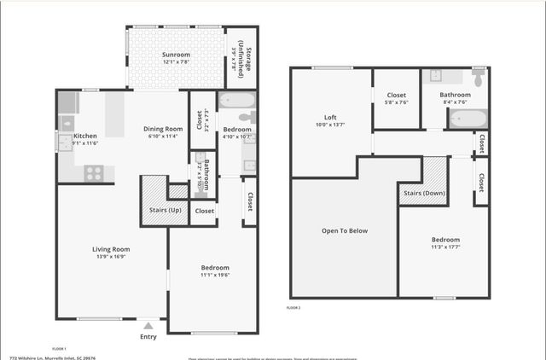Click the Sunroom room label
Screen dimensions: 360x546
coord(175,55)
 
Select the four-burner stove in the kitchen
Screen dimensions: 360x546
coord(94,173)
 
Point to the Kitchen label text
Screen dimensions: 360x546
coord(85,136)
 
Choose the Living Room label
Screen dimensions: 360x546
coord(111,249)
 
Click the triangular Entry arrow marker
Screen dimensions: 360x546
coord(148,325)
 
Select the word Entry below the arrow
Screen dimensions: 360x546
coord(148,336)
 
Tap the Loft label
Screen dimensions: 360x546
coord(330,118)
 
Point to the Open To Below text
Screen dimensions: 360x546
coord(345,230)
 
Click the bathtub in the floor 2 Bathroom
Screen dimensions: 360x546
coord(467,117)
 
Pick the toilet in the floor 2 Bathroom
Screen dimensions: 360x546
coord(478,78)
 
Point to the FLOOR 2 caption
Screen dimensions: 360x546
coord(294,306)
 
